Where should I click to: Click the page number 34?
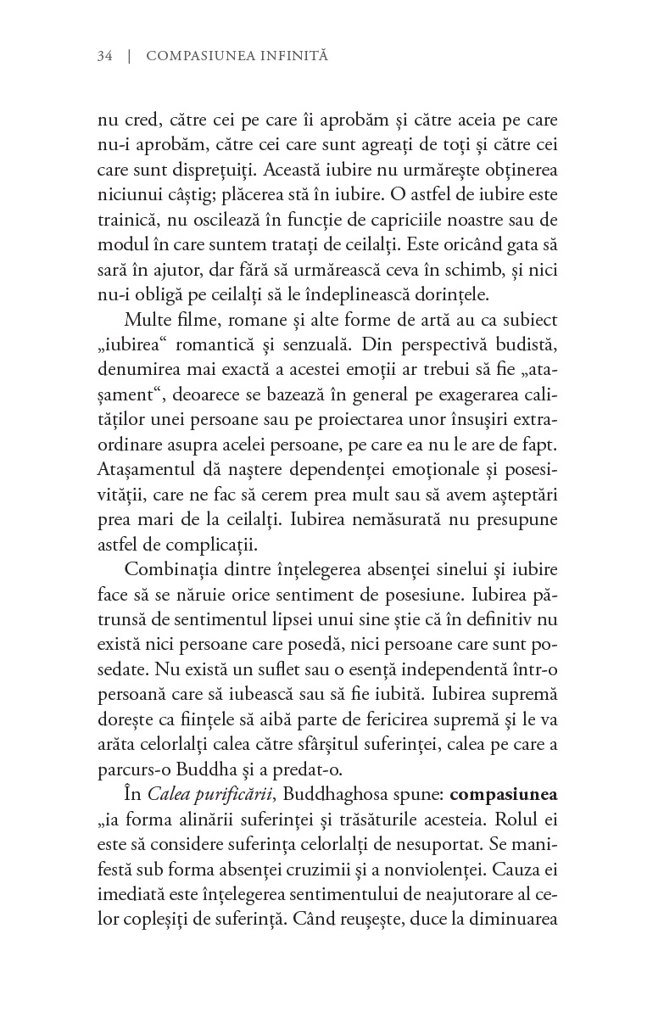[106, 56]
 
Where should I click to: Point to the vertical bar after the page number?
[129, 56]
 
